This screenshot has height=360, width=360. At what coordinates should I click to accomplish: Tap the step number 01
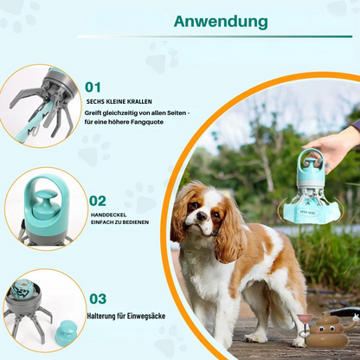pyautogui.click(x=93, y=87)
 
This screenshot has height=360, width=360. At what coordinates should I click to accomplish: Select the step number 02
pyautogui.click(x=98, y=201)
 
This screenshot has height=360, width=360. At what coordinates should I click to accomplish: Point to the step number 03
pyautogui.click(x=98, y=298)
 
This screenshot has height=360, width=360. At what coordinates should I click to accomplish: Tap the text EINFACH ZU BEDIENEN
pyautogui.click(x=119, y=222)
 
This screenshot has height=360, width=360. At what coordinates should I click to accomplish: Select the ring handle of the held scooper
pyautogui.click(x=312, y=160)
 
